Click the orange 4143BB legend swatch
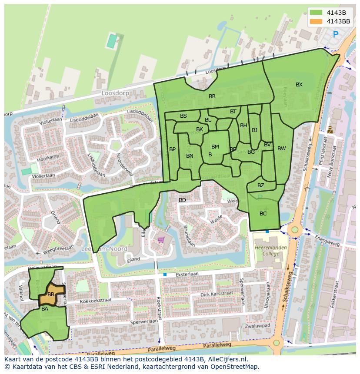coord(317,21)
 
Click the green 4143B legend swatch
coord(317,13)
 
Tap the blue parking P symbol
coord(335,34)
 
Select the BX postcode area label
coord(299,85)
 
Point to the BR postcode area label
coord(212,96)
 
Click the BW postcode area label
coord(282,149)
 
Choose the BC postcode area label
coord(263,214)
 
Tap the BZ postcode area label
coord(261,185)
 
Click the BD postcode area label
coord(182,200)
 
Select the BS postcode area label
coord(183,116)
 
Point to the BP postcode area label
coord(173,149)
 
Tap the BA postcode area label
coord(45,309)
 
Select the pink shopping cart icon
coord(161,239)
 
